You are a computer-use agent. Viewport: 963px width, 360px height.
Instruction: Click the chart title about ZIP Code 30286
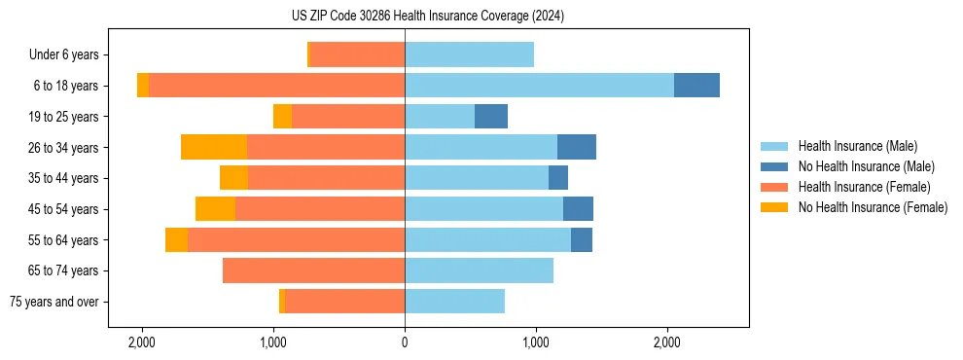click(x=427, y=16)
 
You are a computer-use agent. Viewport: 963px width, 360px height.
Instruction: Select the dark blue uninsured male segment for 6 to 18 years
click(x=696, y=85)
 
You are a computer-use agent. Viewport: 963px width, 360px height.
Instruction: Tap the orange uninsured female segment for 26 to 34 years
click(x=214, y=147)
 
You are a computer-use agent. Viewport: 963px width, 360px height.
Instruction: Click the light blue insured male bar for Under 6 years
click(x=469, y=54)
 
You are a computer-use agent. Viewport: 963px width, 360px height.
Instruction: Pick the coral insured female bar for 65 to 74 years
click(x=313, y=270)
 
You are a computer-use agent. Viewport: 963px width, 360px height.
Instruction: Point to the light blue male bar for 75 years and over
click(x=454, y=302)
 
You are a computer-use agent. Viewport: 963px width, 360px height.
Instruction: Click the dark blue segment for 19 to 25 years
click(x=491, y=116)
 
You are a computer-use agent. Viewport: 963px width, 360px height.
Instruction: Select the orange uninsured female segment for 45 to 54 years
click(x=215, y=208)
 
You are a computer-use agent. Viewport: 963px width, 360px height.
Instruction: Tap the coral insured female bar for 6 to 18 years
click(x=276, y=85)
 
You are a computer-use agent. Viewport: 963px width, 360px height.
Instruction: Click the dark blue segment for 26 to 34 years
click(x=577, y=147)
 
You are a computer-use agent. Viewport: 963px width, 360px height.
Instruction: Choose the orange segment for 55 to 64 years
click(x=176, y=239)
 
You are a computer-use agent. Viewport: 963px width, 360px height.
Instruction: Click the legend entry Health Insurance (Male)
click(x=857, y=146)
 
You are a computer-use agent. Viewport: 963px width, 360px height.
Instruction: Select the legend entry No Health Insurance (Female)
click(x=873, y=207)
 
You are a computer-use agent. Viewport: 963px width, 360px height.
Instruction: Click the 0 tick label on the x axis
click(x=405, y=342)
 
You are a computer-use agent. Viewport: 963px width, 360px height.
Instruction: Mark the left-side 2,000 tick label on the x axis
click(x=142, y=342)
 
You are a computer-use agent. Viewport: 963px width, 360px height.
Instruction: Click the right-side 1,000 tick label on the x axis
click(x=536, y=342)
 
